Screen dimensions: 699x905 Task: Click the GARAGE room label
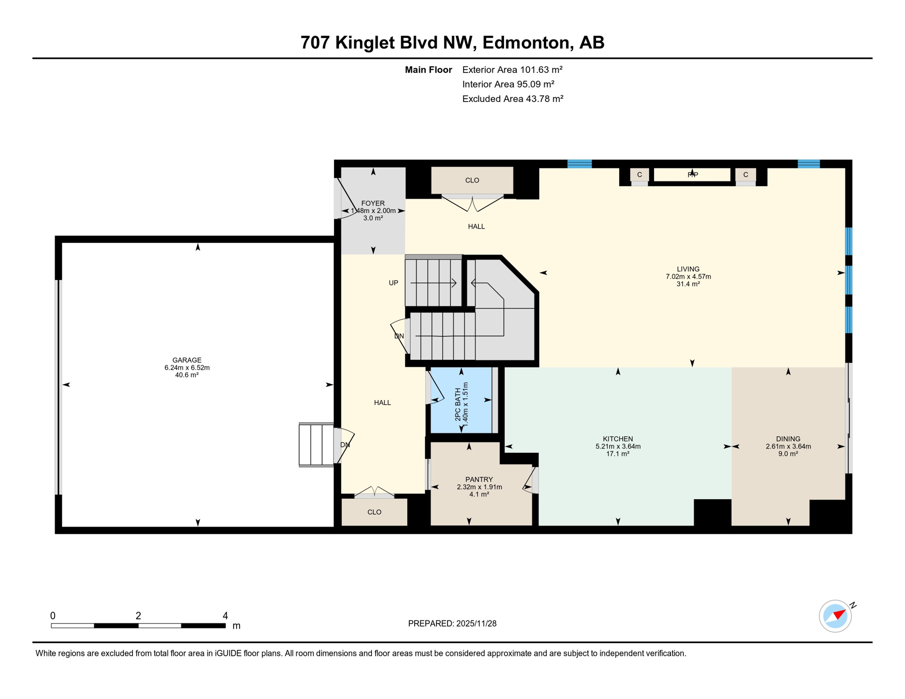(x=187, y=360)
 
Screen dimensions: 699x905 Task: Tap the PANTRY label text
(x=479, y=480)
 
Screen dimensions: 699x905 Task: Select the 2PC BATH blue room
(x=461, y=400)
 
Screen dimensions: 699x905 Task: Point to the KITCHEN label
(x=618, y=439)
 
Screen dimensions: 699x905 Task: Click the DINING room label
(x=788, y=439)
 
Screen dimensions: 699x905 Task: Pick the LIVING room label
(x=688, y=269)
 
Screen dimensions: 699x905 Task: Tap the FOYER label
(x=373, y=203)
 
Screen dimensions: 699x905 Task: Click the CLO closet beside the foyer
(x=472, y=181)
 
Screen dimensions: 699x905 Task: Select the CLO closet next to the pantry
(x=374, y=512)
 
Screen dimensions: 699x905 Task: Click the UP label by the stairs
(x=393, y=283)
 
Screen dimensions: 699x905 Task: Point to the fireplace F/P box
(x=692, y=175)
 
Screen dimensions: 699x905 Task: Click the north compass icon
(x=835, y=616)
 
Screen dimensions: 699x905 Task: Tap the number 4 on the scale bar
(x=225, y=616)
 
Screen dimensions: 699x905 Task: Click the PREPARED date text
(x=452, y=624)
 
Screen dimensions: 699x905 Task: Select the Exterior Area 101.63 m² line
(x=512, y=70)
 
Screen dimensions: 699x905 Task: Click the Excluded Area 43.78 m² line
(x=513, y=99)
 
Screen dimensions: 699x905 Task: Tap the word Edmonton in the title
(x=526, y=42)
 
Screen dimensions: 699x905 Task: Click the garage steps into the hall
(x=316, y=445)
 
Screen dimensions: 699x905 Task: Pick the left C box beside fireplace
(x=640, y=175)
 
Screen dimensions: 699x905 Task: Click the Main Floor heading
(x=428, y=70)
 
